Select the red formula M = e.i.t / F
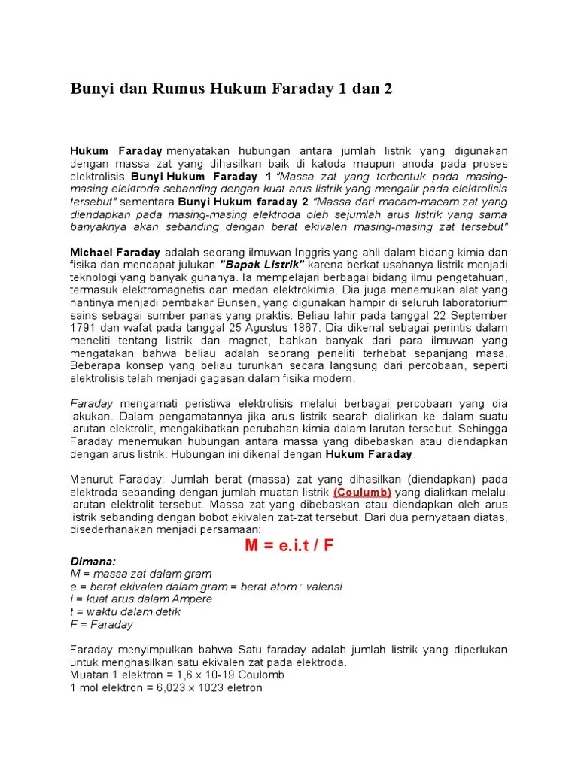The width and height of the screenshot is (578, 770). [289, 546]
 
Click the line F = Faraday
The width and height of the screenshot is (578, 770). [102, 624]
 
